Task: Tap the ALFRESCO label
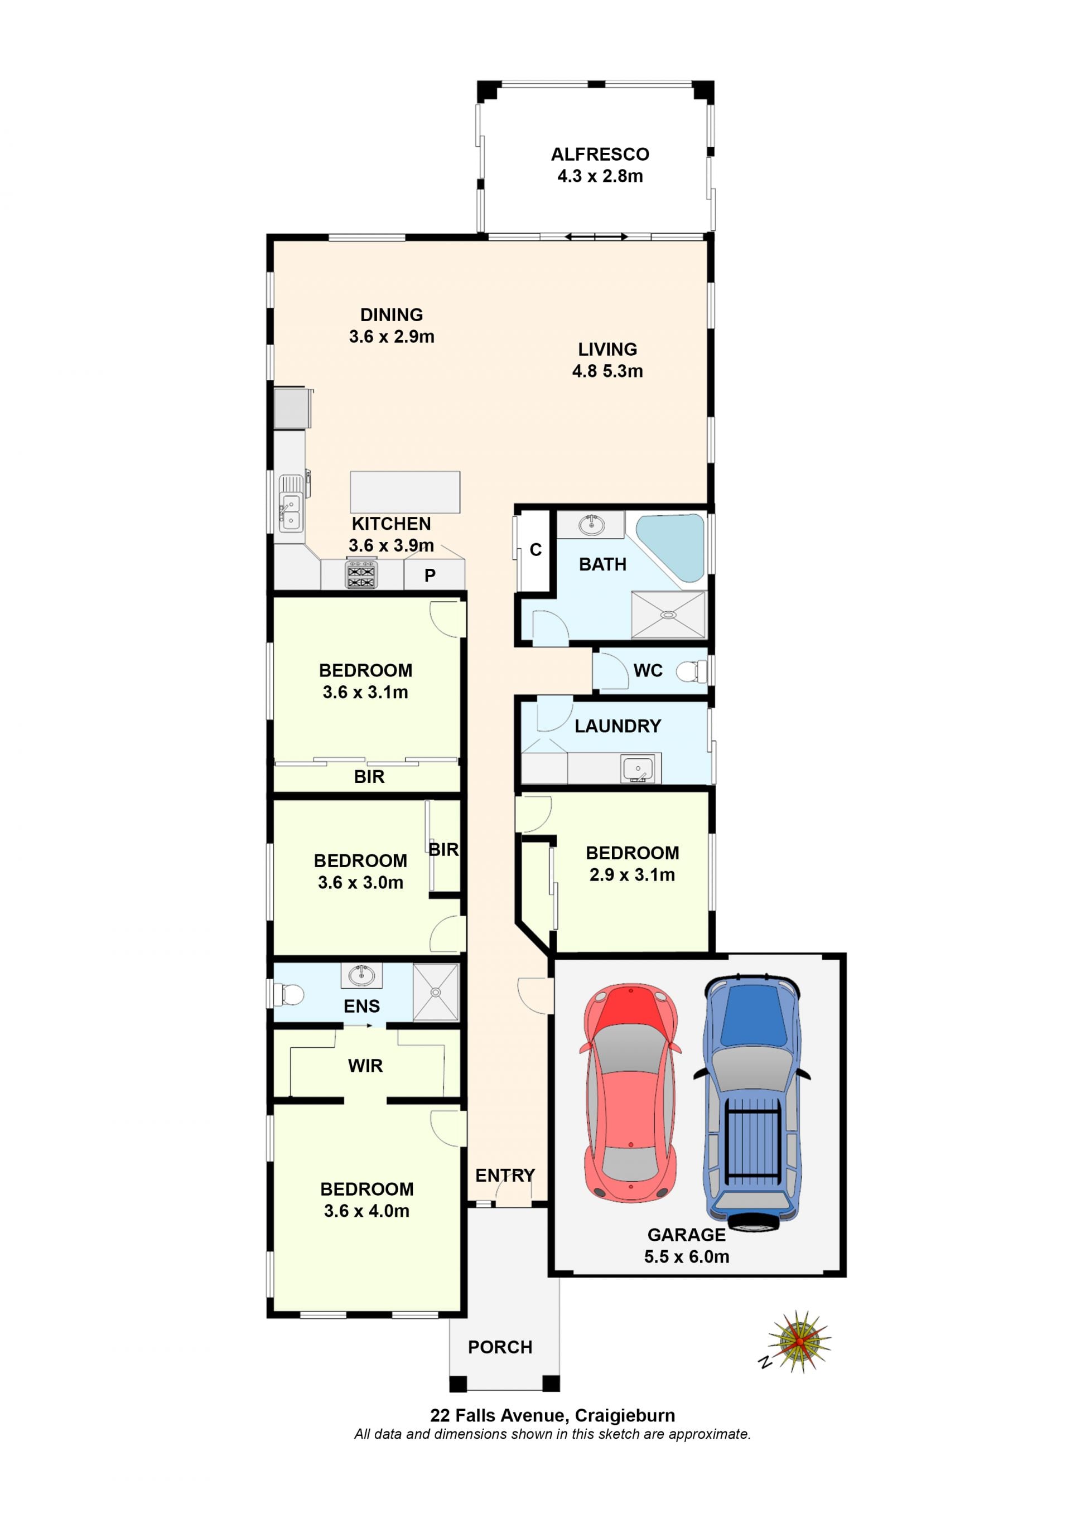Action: [x=600, y=154]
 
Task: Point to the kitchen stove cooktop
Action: [x=361, y=574]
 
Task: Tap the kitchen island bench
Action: [x=405, y=492]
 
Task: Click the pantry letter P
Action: [x=430, y=575]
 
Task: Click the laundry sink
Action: [x=638, y=769]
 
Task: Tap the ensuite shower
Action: [x=435, y=993]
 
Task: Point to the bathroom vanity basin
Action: [x=591, y=525]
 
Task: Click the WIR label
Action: [x=365, y=1066]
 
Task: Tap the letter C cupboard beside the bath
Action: [x=535, y=549]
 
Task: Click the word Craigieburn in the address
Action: [x=625, y=1416]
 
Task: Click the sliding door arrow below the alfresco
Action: [x=596, y=237]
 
